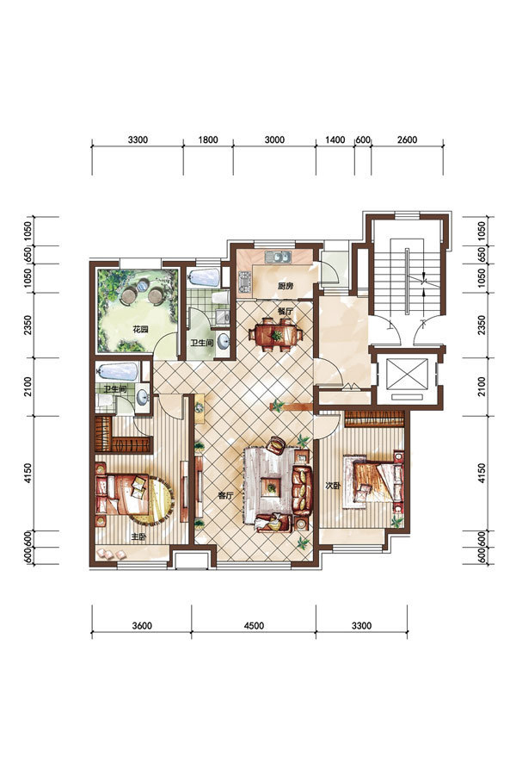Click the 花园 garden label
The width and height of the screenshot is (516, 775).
(140, 330)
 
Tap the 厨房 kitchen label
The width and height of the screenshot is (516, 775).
(286, 286)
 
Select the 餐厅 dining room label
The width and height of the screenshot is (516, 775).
(286, 312)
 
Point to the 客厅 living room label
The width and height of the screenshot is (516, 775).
(225, 495)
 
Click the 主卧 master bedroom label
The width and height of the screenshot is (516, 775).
(138, 536)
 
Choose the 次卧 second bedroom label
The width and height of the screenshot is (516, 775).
(332, 486)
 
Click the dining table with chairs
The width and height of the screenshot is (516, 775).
(275, 335)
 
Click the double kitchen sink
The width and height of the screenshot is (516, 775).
(279, 257)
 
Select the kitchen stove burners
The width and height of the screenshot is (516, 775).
(245, 282)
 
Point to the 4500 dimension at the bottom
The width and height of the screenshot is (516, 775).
(254, 626)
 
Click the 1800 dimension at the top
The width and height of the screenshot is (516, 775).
(208, 139)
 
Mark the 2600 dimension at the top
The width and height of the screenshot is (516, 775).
(407, 139)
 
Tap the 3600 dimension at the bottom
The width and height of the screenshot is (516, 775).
(142, 626)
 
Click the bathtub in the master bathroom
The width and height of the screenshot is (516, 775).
(118, 370)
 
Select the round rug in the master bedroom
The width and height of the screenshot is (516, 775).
(153, 500)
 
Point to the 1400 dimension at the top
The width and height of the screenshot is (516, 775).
(335, 139)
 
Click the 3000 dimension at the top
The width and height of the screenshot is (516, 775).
(274, 139)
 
